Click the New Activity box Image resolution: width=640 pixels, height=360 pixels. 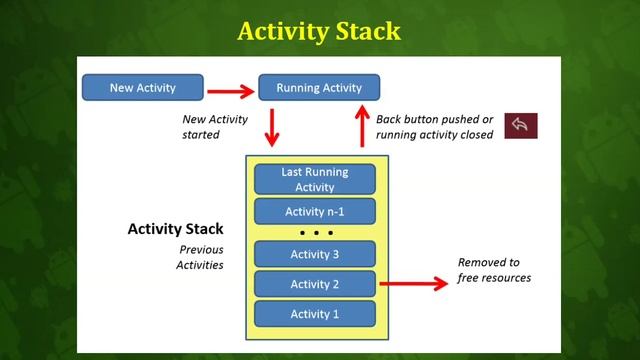pos(142,88)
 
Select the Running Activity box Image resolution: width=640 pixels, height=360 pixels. pos(319,88)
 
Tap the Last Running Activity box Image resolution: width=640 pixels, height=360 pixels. pos(315,179)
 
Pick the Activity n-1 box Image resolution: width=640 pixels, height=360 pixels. pos(315,211)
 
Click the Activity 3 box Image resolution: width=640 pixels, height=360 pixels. pos(315,254)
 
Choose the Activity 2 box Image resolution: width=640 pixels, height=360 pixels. pos(315,284)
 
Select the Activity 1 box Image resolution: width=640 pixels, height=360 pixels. pos(315,314)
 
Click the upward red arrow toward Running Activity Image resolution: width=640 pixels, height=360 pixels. pos(360,126)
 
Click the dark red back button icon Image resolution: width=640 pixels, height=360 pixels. pos(521,125)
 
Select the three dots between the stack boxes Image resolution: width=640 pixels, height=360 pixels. pos(315,233)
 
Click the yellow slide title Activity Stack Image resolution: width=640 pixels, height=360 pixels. pos(319,31)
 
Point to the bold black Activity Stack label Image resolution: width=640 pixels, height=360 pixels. pos(175,229)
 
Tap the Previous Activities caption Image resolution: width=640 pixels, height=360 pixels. pos(202,257)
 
